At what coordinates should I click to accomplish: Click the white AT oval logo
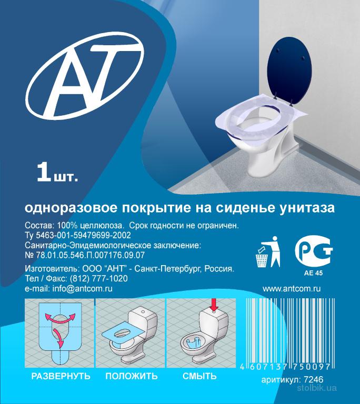pos(85,76)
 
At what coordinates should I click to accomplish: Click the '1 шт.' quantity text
pos(57,173)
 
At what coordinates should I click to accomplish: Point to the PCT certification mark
pos(314,250)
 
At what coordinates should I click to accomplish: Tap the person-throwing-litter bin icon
pos(268,252)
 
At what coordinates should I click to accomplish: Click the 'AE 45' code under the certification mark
pos(313,273)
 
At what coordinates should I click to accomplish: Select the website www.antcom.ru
pos(292,289)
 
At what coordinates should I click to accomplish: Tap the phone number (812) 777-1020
pos(99,278)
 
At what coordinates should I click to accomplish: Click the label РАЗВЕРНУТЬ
pos(61,376)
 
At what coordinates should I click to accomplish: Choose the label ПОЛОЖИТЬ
pos(132,376)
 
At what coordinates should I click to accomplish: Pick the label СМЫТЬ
pos(199,376)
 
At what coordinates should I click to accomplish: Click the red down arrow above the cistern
pos(214,304)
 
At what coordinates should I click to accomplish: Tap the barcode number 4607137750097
pos(285,366)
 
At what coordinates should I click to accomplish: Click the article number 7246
pos(314,379)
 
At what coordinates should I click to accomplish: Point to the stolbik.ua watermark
pos(317,388)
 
